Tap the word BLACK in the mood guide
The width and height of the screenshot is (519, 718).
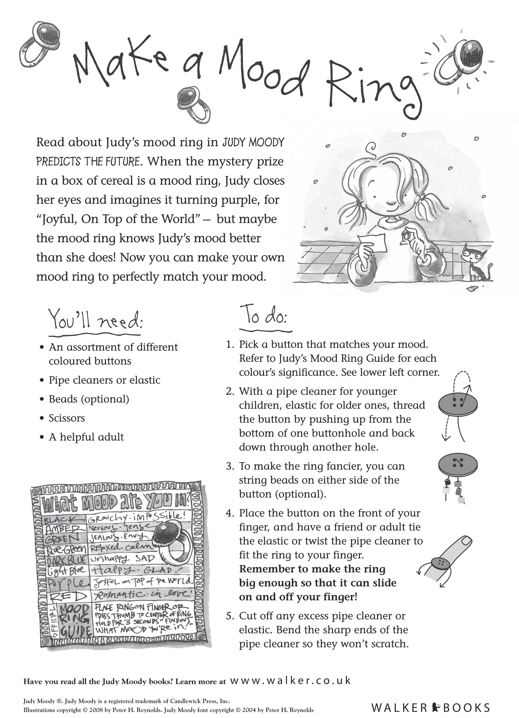60,520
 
